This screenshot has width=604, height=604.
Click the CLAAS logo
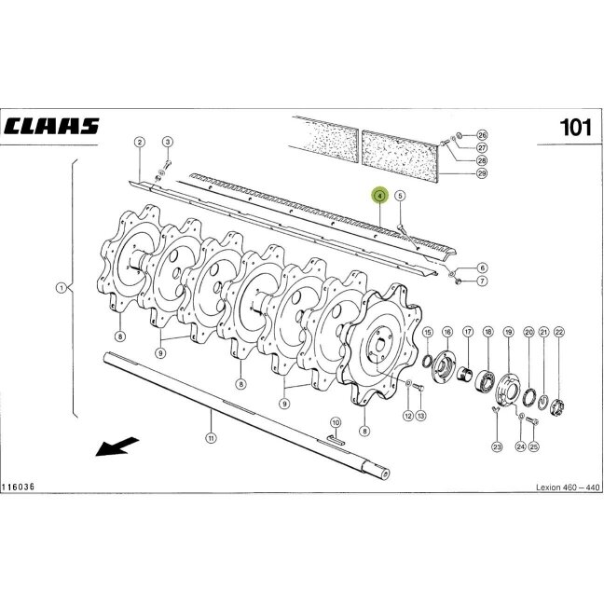[51, 126]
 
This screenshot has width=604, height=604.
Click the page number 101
[575, 127]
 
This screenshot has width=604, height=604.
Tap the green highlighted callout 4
[379, 196]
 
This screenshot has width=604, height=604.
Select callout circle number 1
[61, 288]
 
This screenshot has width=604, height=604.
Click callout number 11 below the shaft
[212, 438]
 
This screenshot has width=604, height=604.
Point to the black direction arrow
[117, 446]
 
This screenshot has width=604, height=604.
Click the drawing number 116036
[18, 487]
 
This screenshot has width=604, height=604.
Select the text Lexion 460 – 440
[568, 487]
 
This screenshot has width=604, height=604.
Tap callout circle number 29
[482, 173]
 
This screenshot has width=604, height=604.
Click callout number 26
[482, 135]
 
